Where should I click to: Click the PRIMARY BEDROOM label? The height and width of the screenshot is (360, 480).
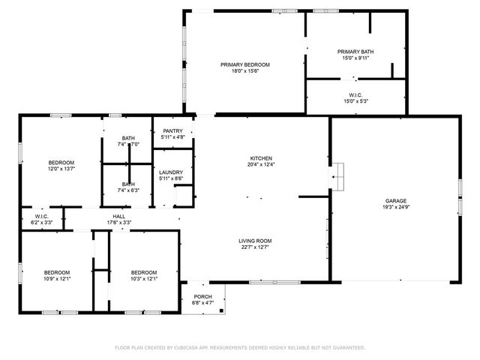pos(244,64)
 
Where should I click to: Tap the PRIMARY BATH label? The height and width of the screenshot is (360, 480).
pos(356,51)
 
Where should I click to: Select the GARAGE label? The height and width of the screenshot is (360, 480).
pos(395,201)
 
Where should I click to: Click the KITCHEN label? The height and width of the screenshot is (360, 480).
pos(260,157)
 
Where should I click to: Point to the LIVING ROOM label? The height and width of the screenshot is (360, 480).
pos(255,241)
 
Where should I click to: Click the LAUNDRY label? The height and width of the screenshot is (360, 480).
pos(171,172)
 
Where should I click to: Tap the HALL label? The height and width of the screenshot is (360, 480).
pos(118,216)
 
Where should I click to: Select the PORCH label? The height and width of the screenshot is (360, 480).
pos(202,296)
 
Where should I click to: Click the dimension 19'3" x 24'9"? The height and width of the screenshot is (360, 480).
pos(395,208)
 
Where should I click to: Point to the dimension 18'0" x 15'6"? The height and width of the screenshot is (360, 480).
pos(244,71)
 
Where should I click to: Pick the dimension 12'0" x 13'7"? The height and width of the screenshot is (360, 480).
pos(61,169)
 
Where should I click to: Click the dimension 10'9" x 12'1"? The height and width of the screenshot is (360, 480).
pos(56,279)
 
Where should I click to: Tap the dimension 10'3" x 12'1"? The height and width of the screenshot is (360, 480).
pos(143,279)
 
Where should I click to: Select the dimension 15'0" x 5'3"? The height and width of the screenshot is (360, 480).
pos(356,102)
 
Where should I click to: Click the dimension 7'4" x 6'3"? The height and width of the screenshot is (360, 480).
pos(129,190)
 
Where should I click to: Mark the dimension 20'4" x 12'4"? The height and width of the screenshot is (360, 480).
pos(260,164)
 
